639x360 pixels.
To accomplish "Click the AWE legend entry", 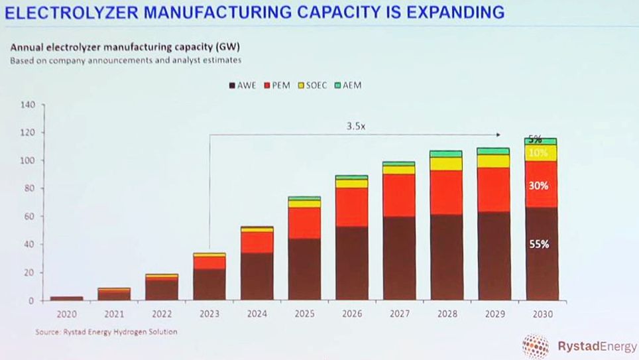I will coord(242,85).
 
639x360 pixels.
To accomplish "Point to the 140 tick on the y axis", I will coord(27,105).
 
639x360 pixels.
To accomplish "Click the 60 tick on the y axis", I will coord(29,216).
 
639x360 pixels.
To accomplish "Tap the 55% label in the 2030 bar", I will coord(539,244).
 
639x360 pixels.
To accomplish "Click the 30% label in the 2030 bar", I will coord(539,186).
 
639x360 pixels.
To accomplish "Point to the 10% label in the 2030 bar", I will coord(539,153).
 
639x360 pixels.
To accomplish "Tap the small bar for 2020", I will coord(66,298).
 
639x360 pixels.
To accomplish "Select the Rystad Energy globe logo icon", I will coord(535,345).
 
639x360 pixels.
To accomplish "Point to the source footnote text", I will coord(106,331).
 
